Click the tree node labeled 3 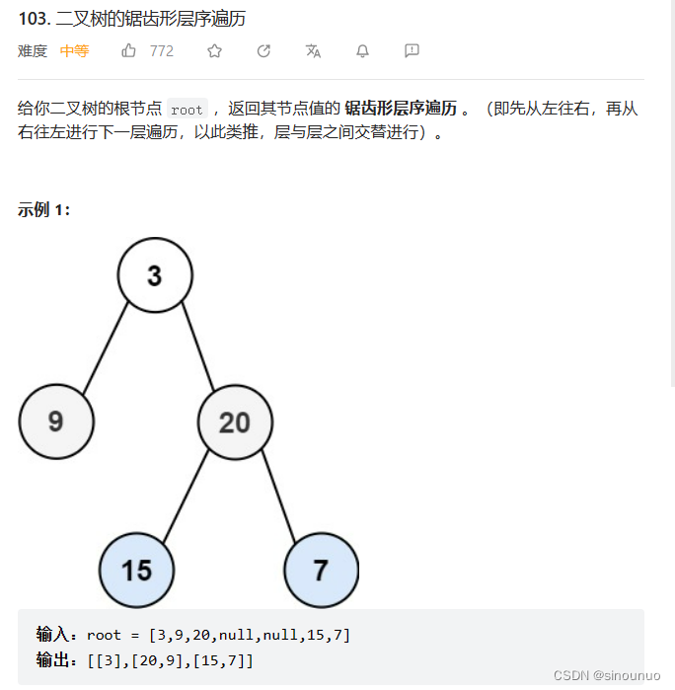click(154, 275)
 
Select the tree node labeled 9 click(56, 422)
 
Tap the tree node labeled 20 click(235, 422)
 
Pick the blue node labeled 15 click(136, 570)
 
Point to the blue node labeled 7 click(320, 570)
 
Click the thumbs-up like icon click(129, 51)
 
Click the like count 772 click(162, 51)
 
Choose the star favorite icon click(214, 51)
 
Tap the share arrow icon click(263, 51)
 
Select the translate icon click(313, 51)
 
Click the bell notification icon click(362, 51)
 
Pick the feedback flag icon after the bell click(412, 51)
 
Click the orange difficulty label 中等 click(74, 51)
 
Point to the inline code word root click(187, 111)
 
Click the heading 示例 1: click(43, 209)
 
